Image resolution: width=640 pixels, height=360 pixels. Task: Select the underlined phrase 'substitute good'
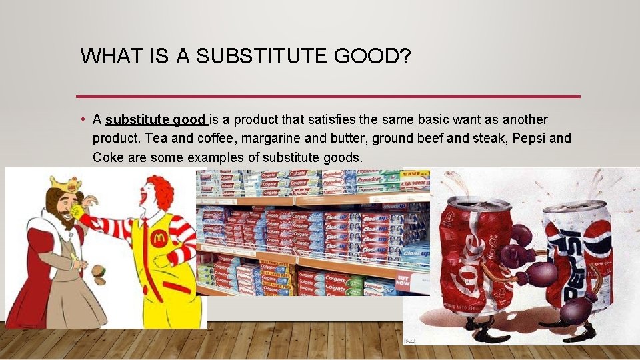[156, 120]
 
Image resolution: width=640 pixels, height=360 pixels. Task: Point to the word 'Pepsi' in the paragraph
[524, 139]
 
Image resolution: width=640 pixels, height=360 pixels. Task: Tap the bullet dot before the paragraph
[80, 120]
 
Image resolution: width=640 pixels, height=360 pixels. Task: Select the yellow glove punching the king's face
[81, 213]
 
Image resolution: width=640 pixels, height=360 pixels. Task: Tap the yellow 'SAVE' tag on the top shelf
[415, 174]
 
